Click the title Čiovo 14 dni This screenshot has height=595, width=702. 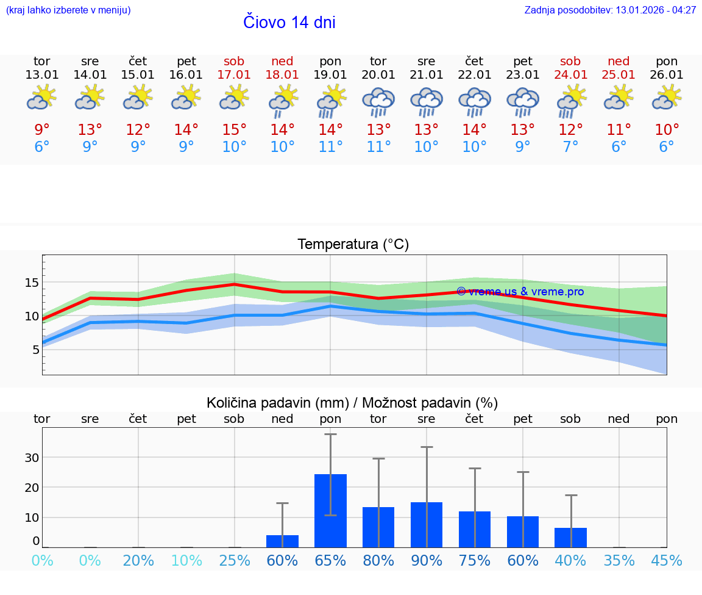pyautogui.click(x=289, y=23)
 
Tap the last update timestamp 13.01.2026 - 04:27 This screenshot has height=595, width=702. pyautogui.click(x=610, y=10)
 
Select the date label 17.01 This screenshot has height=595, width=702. pyautogui.click(x=234, y=75)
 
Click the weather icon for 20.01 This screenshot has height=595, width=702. pyautogui.click(x=378, y=102)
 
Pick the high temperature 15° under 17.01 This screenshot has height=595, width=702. pyautogui.click(x=234, y=130)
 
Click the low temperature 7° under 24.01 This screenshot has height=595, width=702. pyautogui.click(x=570, y=147)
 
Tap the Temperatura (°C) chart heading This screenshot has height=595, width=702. pyautogui.click(x=353, y=245)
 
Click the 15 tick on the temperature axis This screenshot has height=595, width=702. pyautogui.click(x=32, y=283)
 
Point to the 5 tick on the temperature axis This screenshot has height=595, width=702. pyautogui.click(x=35, y=350)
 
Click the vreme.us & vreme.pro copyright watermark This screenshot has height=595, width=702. pyautogui.click(x=520, y=292)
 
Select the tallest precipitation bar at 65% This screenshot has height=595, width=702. pyautogui.click(x=330, y=510)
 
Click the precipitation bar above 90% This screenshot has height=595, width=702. pyautogui.click(x=427, y=524)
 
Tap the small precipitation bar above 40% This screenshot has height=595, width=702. pyautogui.click(x=570, y=537)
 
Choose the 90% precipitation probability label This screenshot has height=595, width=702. pyautogui.click(x=427, y=561)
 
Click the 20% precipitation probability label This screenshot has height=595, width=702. pyautogui.click(x=138, y=561)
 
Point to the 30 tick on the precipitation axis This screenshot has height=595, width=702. pyautogui.click(x=32, y=458)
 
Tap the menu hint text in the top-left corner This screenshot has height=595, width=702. pyautogui.click(x=68, y=10)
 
